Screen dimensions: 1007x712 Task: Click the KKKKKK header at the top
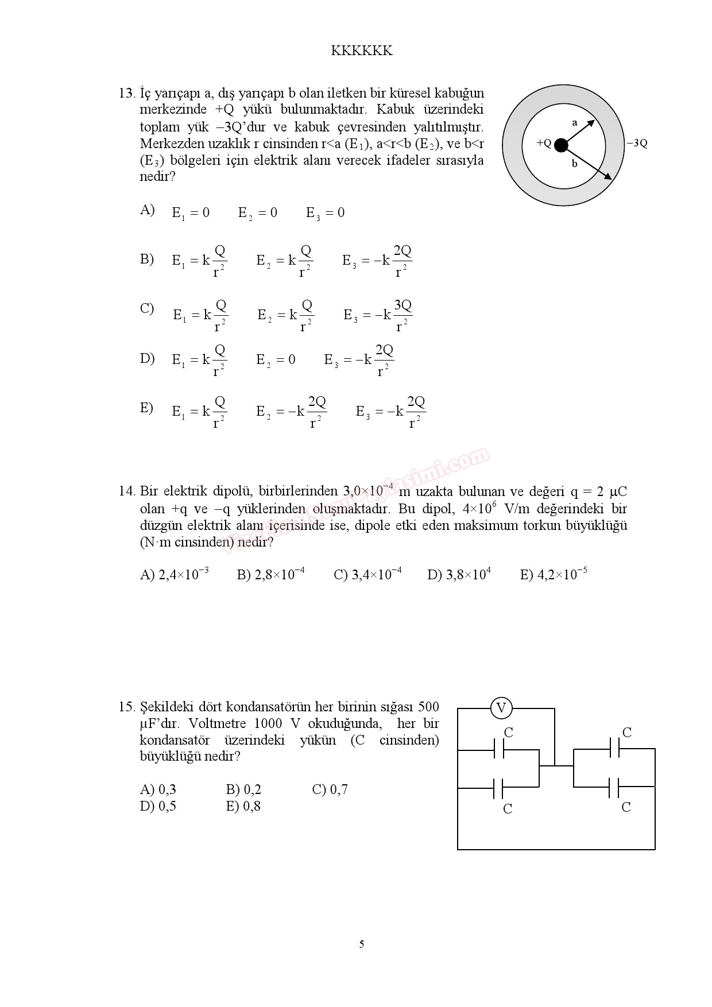click(x=362, y=51)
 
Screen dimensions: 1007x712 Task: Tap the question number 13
click(x=126, y=93)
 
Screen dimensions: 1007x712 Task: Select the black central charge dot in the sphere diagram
click(x=561, y=145)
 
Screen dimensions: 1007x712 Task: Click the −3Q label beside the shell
click(x=637, y=144)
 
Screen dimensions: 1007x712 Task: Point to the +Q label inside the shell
click(x=544, y=143)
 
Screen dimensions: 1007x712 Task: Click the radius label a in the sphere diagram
click(x=575, y=122)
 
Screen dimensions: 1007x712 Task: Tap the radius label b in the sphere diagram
click(x=574, y=164)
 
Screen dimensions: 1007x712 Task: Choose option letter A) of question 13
click(x=147, y=210)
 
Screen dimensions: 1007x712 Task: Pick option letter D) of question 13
click(x=147, y=359)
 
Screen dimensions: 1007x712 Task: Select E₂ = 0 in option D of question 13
click(x=276, y=360)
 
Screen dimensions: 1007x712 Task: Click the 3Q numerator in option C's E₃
click(x=403, y=305)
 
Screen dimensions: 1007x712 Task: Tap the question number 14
click(x=126, y=491)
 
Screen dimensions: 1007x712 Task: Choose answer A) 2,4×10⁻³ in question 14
click(x=174, y=574)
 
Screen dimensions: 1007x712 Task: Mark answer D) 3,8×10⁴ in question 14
click(x=459, y=574)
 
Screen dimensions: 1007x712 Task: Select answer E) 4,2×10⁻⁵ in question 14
click(x=553, y=574)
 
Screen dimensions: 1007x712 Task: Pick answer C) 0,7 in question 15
click(x=330, y=790)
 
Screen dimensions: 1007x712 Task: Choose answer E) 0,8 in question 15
click(x=243, y=807)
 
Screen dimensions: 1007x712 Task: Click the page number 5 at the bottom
click(x=361, y=944)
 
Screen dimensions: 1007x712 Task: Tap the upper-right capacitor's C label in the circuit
click(x=626, y=733)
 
